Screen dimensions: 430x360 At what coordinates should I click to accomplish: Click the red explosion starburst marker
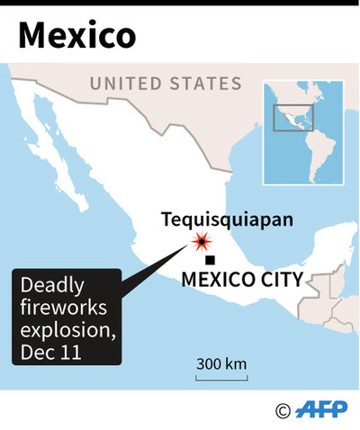pos(202,241)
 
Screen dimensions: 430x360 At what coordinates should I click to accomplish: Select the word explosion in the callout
pos(67,332)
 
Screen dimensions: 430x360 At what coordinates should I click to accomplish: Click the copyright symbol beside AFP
pos(284,411)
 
